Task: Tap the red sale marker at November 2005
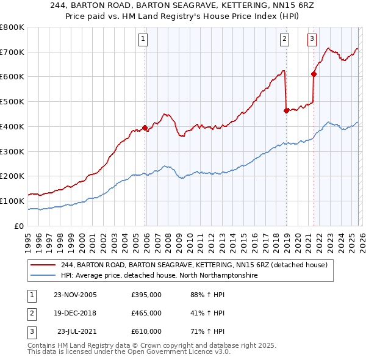click(x=145, y=128)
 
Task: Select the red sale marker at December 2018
click(x=286, y=110)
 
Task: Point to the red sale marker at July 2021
click(x=314, y=74)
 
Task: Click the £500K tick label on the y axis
click(x=12, y=102)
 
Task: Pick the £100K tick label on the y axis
click(x=12, y=201)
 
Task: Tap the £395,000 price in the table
click(x=146, y=295)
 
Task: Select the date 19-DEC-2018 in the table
click(x=75, y=313)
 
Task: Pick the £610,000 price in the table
click(x=146, y=331)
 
